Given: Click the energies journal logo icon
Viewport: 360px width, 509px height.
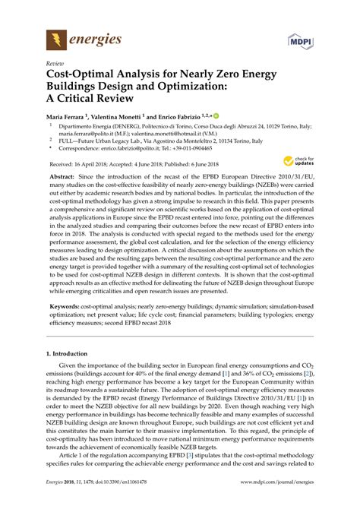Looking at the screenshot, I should coord(56,37).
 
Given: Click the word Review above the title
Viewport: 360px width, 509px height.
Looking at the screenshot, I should coord(55,64).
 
